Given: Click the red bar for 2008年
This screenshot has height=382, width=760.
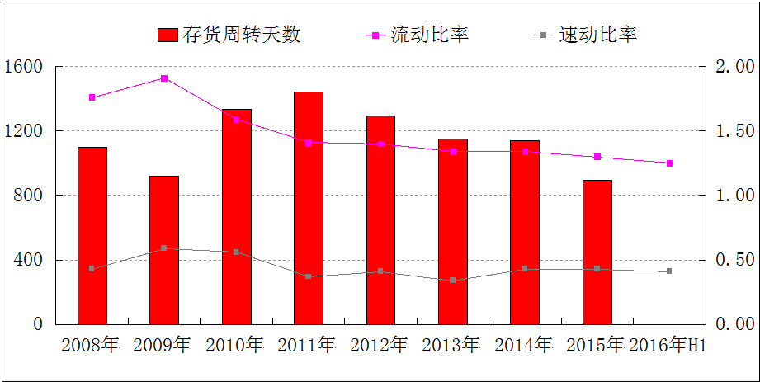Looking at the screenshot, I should pos(92,235).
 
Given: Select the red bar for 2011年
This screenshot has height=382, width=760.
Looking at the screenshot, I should pos(309,208).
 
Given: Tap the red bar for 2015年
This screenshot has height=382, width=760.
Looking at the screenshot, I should pos(597,252).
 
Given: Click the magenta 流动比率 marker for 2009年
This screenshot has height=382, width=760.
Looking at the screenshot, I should pos(164,78).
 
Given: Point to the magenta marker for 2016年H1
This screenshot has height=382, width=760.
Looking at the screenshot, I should pos(669,163).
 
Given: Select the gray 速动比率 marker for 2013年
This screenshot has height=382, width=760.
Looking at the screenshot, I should pos(453,281).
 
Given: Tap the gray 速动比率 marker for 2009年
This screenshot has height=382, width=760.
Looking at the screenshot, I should pos(164,248).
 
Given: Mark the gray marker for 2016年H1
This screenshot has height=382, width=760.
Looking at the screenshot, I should pos(669,271).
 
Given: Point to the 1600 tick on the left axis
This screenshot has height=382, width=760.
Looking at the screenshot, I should pos(27,66).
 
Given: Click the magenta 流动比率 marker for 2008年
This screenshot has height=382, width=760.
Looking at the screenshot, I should pos(92,97).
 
